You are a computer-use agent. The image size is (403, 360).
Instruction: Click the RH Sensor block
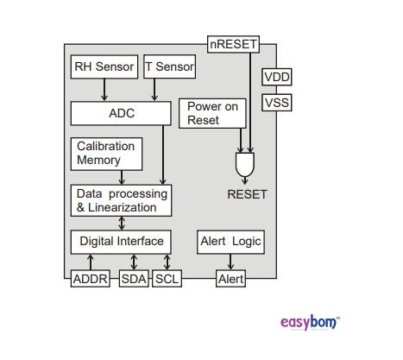tap(104, 66)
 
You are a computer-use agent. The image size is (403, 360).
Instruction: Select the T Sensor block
tap(169, 66)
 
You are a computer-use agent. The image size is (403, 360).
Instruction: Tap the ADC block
tap(122, 113)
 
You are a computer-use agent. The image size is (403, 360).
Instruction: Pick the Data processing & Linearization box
tap(120, 200)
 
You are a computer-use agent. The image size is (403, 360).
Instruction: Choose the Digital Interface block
tap(121, 241)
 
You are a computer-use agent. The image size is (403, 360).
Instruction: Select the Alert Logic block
tap(230, 241)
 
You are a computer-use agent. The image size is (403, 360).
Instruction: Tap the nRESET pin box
tap(233, 44)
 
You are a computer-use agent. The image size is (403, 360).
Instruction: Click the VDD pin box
tap(277, 77)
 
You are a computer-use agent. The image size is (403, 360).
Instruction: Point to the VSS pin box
tap(277, 103)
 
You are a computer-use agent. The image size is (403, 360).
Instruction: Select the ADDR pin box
tap(90, 279)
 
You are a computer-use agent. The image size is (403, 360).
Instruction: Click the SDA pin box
tap(134, 279)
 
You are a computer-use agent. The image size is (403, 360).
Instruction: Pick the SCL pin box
tap(167, 279)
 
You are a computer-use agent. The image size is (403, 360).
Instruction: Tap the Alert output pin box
tap(230, 279)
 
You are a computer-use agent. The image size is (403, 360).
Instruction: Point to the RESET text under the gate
tap(247, 194)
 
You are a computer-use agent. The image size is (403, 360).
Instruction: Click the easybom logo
tap(310, 322)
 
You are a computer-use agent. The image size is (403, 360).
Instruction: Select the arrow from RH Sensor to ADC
tap(104, 89)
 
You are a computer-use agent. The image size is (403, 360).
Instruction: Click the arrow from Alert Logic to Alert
tap(230, 262)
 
